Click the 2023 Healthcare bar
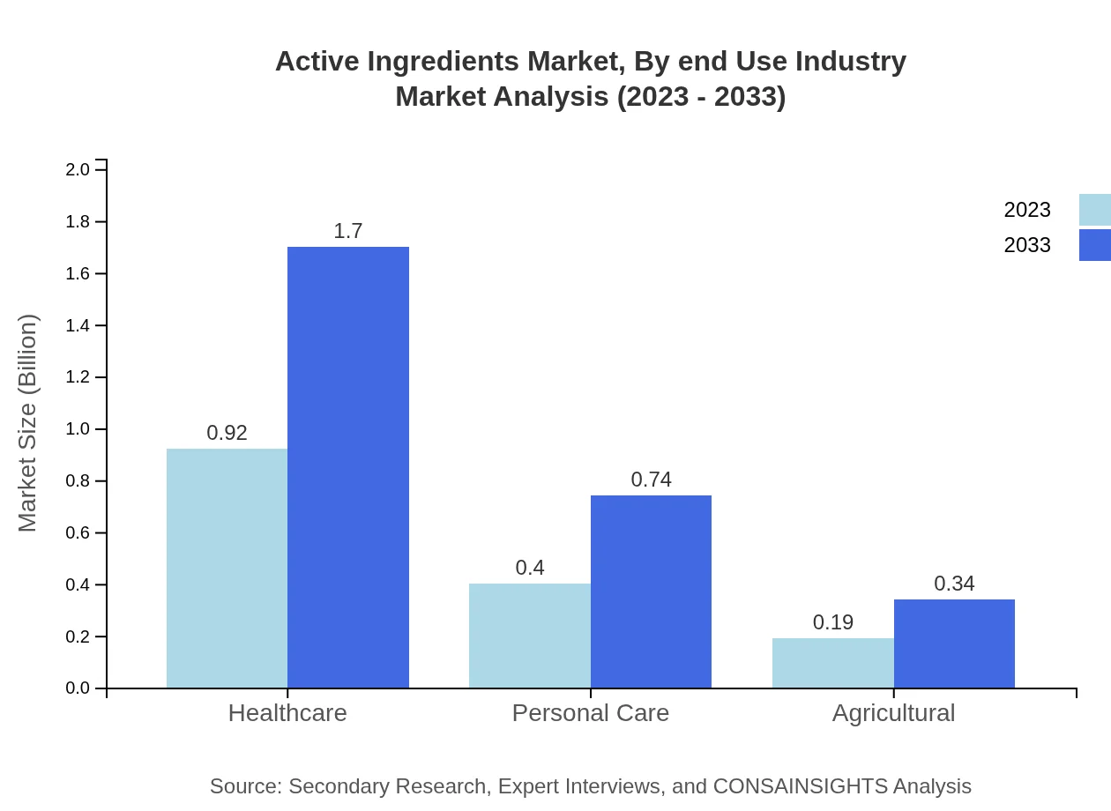227,569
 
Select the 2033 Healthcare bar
348,467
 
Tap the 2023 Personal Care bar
530,636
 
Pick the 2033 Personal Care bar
651,592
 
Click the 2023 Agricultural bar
833,663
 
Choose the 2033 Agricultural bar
954,644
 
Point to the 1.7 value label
348,231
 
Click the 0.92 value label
227,433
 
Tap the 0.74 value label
651,480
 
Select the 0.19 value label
833,622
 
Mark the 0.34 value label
954,584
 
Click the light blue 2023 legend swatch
1094,210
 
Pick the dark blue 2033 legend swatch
1094,245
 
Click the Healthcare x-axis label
287,713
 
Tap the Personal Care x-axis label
591,713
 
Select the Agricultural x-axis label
893,713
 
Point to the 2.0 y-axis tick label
78,169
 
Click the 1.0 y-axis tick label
78,429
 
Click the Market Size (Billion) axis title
27,423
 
